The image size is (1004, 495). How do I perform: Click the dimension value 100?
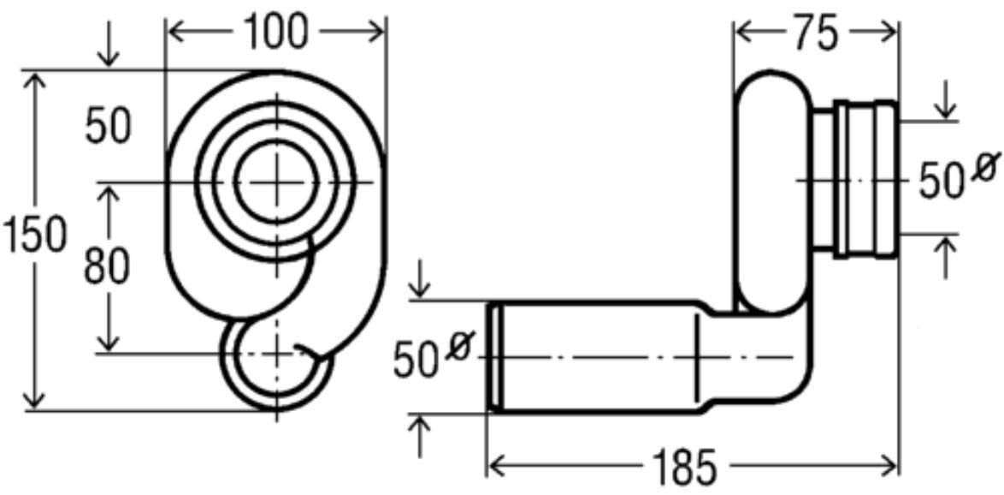point(275,32)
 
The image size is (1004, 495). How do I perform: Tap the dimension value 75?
point(815,35)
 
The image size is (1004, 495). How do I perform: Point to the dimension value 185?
point(691,468)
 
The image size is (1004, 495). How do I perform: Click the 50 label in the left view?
point(108,128)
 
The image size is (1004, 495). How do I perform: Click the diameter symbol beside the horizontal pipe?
point(459,348)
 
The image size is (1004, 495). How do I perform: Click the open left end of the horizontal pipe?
point(493,357)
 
